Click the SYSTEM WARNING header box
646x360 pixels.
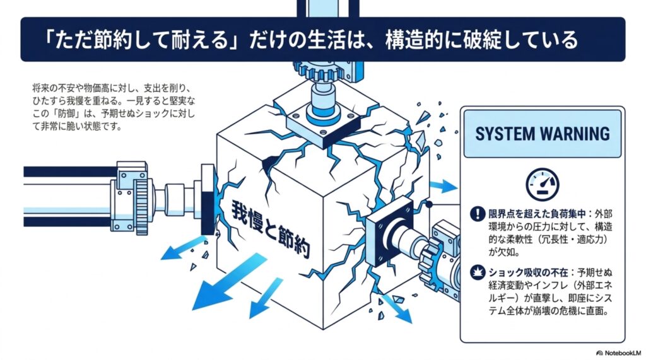pyautogui.click(x=542, y=134)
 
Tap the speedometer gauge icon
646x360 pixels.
pyautogui.click(x=542, y=184)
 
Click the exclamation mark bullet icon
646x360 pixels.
pyautogui.click(x=478, y=214)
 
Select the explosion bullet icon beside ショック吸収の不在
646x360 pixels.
pyautogui.click(x=478, y=272)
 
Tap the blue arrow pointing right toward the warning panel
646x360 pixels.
pyautogui.click(x=443, y=186)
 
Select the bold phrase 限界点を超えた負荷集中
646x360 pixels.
pyautogui.click(x=537, y=214)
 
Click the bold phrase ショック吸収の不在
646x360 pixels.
pyautogui.click(x=528, y=272)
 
